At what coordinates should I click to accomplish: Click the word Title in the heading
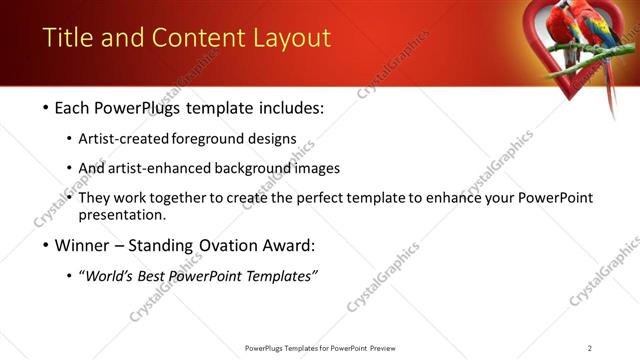(x=66, y=39)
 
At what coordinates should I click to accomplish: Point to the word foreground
(x=208, y=138)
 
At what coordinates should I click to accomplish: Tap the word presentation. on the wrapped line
(x=121, y=215)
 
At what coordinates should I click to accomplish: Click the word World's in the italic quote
(x=113, y=276)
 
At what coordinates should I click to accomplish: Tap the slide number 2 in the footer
(x=590, y=348)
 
